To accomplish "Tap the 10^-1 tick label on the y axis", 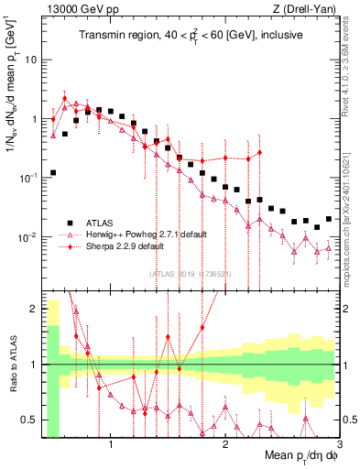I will coord(27,178).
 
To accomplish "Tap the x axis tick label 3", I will coord(340,444).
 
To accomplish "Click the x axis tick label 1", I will coord(111,444).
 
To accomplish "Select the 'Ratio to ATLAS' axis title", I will coord(11,365).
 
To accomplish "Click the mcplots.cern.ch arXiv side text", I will coord(350,197).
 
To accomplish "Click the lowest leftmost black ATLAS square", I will coord(53,172).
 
